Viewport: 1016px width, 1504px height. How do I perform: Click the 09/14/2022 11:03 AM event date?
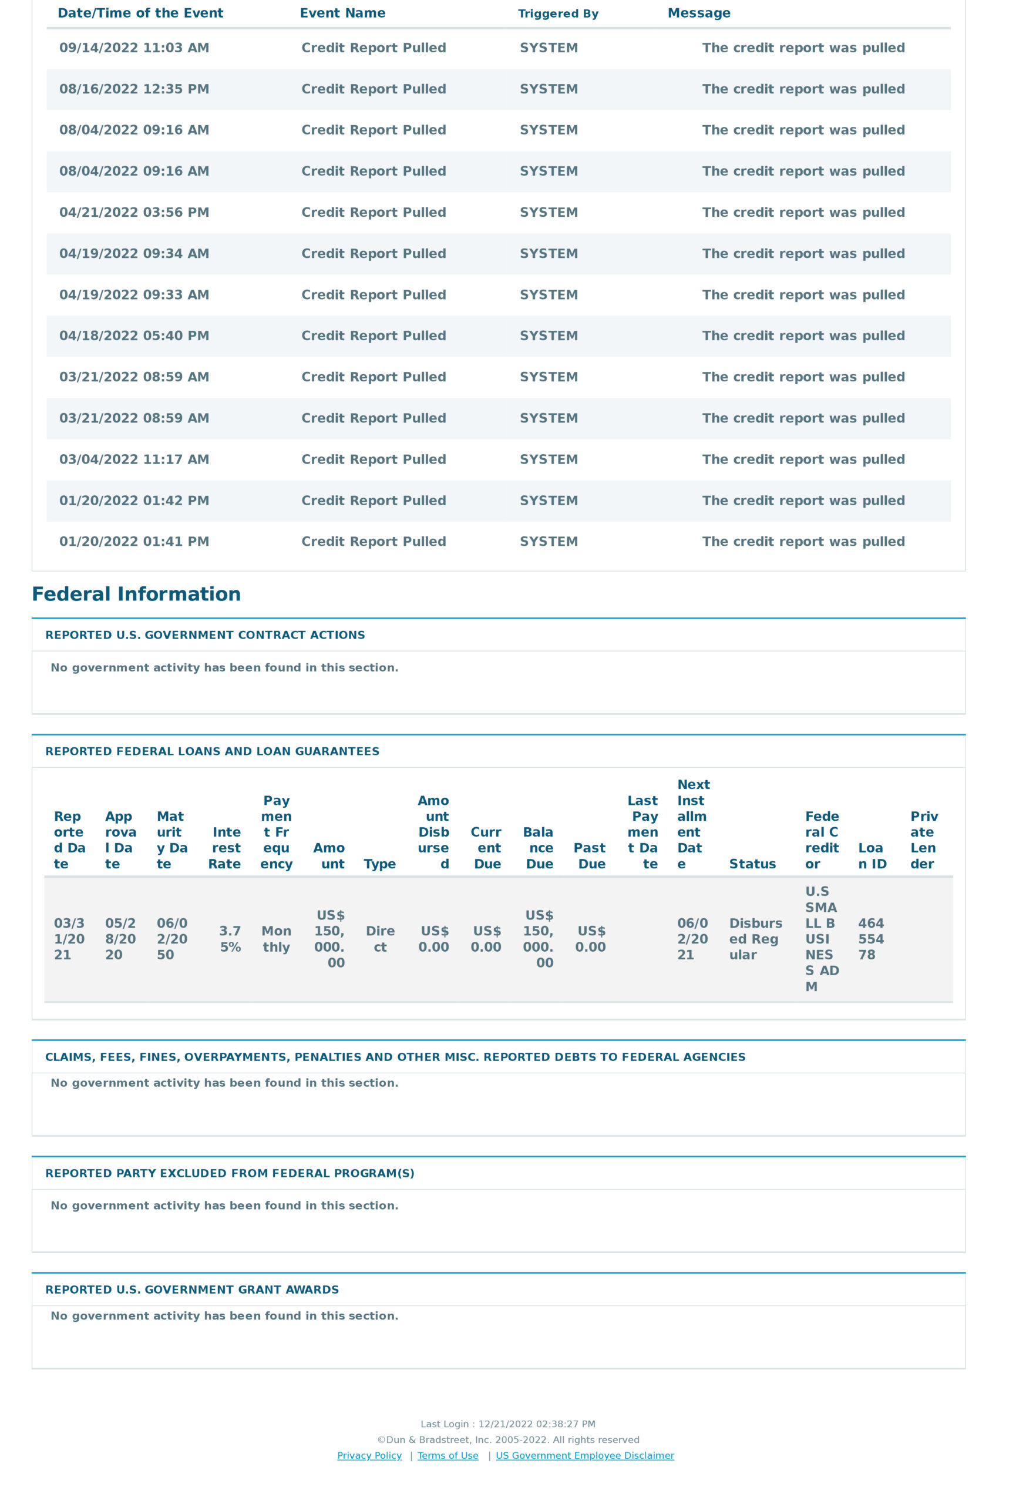(x=134, y=48)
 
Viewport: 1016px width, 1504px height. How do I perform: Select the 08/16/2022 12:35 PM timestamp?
(x=134, y=89)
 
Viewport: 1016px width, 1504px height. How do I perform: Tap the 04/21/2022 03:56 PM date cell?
(x=134, y=212)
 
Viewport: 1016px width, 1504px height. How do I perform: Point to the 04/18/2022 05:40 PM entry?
(x=134, y=336)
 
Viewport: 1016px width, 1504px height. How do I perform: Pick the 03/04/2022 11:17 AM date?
(x=134, y=459)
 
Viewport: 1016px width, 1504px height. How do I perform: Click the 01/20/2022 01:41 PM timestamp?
(x=134, y=542)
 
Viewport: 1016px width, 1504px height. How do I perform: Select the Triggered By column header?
(x=558, y=14)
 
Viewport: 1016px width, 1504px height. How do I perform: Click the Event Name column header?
(x=342, y=13)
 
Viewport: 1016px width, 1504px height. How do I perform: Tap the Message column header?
(x=698, y=13)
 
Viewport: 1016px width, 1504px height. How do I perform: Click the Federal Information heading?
(x=136, y=594)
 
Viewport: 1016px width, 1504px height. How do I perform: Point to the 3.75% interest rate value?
(x=230, y=939)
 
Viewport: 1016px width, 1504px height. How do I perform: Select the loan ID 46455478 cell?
(x=870, y=939)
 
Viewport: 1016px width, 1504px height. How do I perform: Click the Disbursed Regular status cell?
(x=755, y=939)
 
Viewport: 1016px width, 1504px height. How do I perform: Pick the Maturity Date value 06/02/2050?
(x=171, y=939)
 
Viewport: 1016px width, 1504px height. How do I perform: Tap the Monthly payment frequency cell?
(x=276, y=939)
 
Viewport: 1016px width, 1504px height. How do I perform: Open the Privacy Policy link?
(x=369, y=1455)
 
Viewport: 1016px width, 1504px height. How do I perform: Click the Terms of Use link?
(x=448, y=1455)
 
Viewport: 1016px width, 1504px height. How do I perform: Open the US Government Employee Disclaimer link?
(x=584, y=1455)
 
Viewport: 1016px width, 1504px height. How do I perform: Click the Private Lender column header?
(x=924, y=840)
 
